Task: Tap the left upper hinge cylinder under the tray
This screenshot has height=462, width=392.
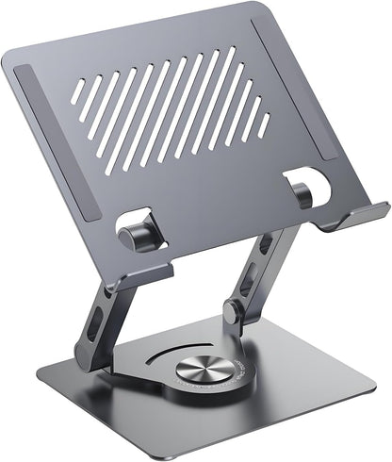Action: click(x=137, y=237)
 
